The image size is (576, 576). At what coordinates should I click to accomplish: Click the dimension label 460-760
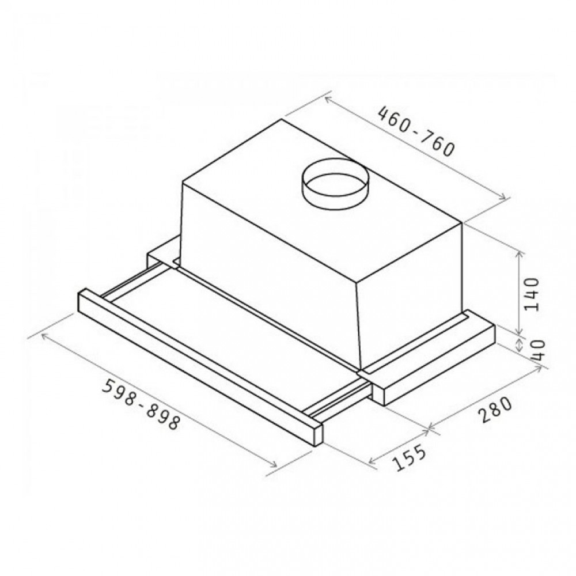416,131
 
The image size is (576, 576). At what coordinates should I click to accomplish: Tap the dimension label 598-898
141,404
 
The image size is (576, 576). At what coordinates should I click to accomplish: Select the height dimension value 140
532,294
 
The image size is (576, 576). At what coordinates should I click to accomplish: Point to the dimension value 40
537,350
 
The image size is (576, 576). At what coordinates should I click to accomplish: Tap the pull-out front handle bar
200,367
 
